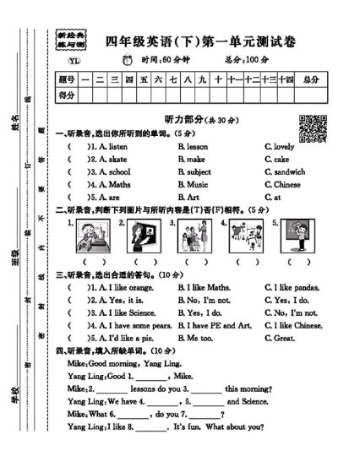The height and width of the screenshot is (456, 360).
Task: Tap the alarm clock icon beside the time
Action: tap(128, 60)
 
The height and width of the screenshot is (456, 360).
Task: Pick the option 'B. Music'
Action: tap(193, 184)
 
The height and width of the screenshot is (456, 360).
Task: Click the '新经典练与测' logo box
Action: tap(72, 39)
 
